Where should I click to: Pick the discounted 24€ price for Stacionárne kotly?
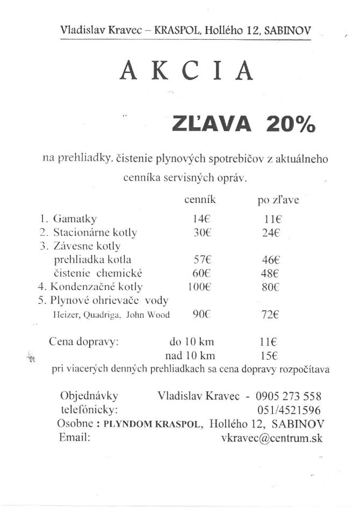pos(272,233)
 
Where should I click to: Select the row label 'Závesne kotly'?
pos(81,246)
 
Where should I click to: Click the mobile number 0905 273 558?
pos(289,397)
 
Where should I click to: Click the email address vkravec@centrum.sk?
pos(271,438)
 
